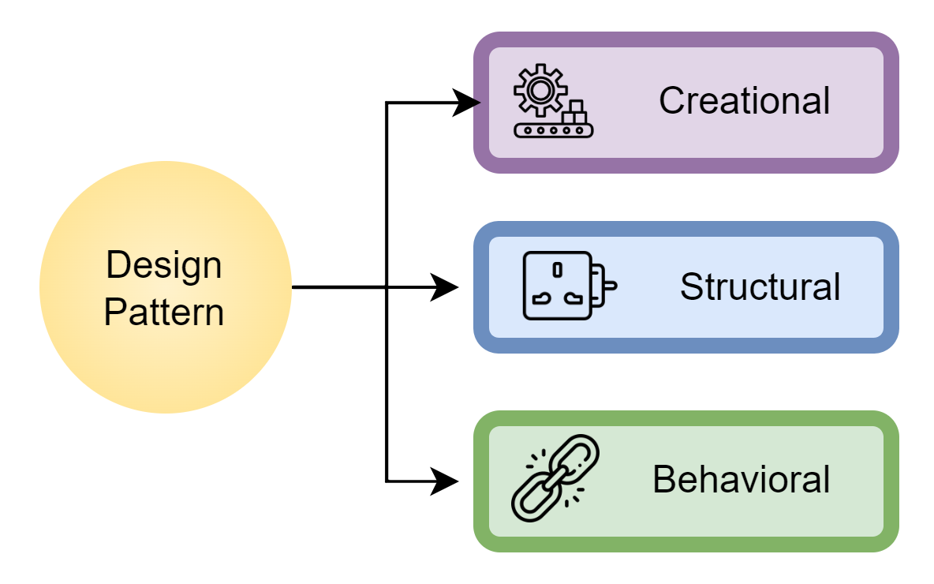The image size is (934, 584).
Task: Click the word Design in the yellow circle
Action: coord(164,265)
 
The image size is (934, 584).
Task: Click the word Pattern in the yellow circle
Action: coord(164,312)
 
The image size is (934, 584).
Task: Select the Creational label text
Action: coord(744,101)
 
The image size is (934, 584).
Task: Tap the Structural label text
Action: coord(760,286)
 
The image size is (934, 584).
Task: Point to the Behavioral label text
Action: coord(741,479)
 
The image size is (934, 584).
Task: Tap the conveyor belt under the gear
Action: coord(553,130)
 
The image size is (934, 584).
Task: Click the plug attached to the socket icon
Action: coord(605,286)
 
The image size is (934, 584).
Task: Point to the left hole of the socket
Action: coord(541,299)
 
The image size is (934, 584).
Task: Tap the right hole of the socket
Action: coord(573,299)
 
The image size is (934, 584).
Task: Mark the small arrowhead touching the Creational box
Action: coord(476,103)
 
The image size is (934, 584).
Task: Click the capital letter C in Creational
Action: coord(671,101)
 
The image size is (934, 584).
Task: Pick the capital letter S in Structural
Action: coord(690,286)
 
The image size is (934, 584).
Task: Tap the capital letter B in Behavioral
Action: coord(664,479)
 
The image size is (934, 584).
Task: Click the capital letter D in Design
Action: coord(117,265)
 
